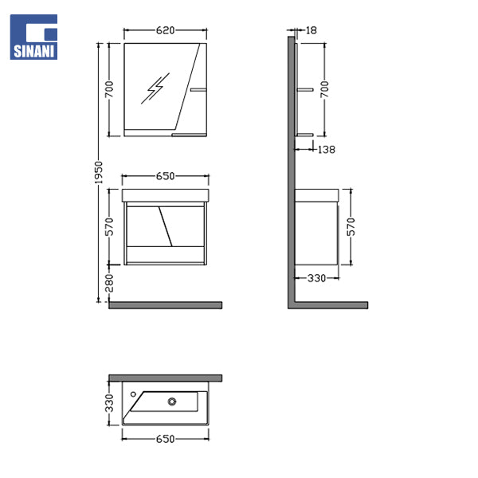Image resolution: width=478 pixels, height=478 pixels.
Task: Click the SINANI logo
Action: [33, 37]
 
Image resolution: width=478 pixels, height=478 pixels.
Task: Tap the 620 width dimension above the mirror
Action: [165, 30]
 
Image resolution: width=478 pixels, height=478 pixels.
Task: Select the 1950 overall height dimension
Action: [99, 173]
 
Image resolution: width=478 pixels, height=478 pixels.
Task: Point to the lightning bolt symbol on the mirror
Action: [155, 88]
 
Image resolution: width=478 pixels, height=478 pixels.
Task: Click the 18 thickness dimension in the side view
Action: [311, 30]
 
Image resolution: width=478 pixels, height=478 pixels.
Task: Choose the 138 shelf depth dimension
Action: [326, 150]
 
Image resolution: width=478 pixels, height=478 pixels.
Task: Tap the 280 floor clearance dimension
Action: [109, 283]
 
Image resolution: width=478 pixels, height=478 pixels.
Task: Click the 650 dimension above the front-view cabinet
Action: [165, 176]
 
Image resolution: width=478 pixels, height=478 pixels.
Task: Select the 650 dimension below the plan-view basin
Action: [165, 439]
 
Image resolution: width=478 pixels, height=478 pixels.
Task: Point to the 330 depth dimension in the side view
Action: [316, 278]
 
